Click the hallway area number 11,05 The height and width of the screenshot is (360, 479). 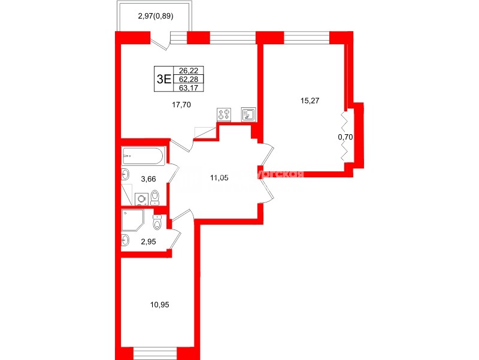pyautogui.click(x=220, y=177)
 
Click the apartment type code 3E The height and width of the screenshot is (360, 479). pyautogui.click(x=163, y=78)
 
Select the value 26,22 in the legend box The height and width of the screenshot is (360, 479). pyautogui.click(x=188, y=69)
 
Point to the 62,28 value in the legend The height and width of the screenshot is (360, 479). pyautogui.click(x=188, y=78)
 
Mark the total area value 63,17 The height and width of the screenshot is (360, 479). pyautogui.click(x=188, y=87)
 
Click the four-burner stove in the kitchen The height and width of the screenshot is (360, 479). pyautogui.click(x=225, y=114)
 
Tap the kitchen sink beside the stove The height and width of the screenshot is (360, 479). pyautogui.click(x=249, y=114)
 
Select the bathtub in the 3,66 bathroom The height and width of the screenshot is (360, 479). pyautogui.click(x=143, y=157)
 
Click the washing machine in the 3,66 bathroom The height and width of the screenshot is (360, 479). pyautogui.click(x=141, y=199)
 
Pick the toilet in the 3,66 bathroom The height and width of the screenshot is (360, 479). pyautogui.click(x=155, y=197)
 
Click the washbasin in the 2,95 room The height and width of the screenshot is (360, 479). pyautogui.click(x=125, y=241)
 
